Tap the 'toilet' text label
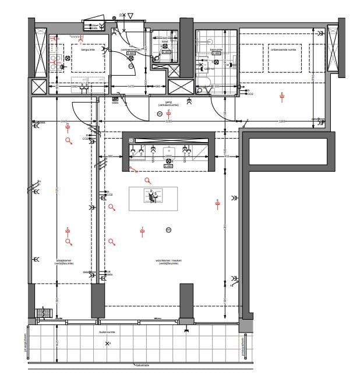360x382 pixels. click(165, 41)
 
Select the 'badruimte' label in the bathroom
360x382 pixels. click(217, 49)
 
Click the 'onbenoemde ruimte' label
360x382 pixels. click(284, 49)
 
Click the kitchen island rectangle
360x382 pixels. click(153, 199)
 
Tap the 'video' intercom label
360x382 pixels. click(115, 103)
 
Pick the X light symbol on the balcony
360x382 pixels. click(107, 344)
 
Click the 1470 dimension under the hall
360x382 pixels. click(132, 87)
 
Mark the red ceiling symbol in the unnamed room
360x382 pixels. click(282, 94)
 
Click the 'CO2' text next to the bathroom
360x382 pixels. click(250, 93)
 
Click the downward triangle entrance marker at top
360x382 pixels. click(130, 15)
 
